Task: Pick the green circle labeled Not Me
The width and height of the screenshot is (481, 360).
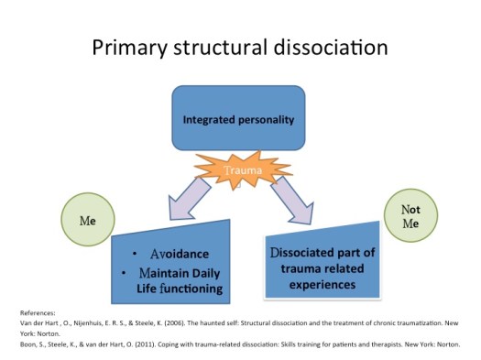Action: (x=409, y=217)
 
